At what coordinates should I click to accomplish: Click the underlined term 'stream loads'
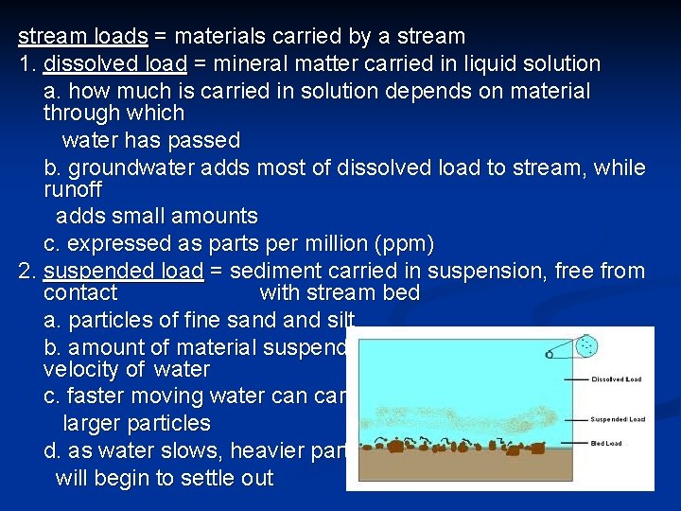tap(83, 37)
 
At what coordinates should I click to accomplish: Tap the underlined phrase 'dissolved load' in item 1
tap(117, 64)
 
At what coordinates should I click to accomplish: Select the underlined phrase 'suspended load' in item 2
tap(123, 272)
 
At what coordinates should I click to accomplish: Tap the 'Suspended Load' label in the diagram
tap(618, 418)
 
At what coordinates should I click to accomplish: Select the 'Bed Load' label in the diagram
tap(606, 443)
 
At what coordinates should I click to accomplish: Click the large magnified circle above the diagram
tap(587, 346)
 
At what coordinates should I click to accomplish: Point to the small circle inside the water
tap(549, 355)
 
